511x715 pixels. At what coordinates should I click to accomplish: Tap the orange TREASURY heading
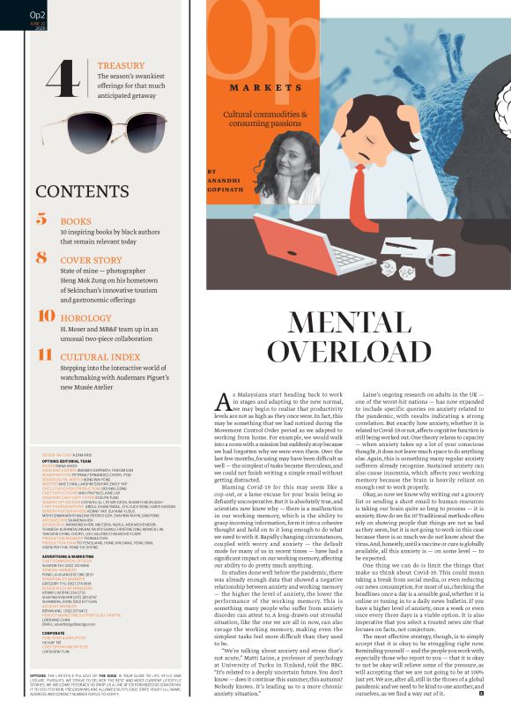[x=122, y=65]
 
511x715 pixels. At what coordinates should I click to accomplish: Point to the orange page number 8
[x=41, y=258]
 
